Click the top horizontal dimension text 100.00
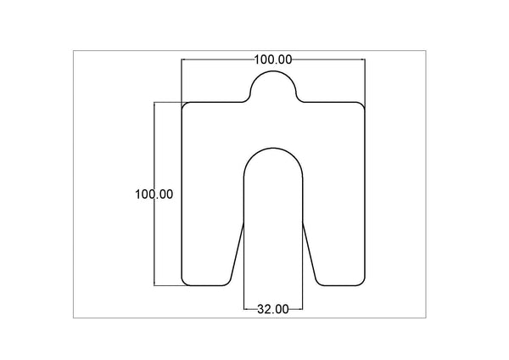(x=273, y=59)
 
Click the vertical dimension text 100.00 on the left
(x=154, y=194)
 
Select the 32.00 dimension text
(x=273, y=309)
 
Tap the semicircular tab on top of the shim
(x=273, y=83)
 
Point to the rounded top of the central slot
(x=273, y=151)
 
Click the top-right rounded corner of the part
(x=362, y=105)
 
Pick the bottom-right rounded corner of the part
(x=362, y=282)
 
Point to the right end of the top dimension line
(x=363, y=59)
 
